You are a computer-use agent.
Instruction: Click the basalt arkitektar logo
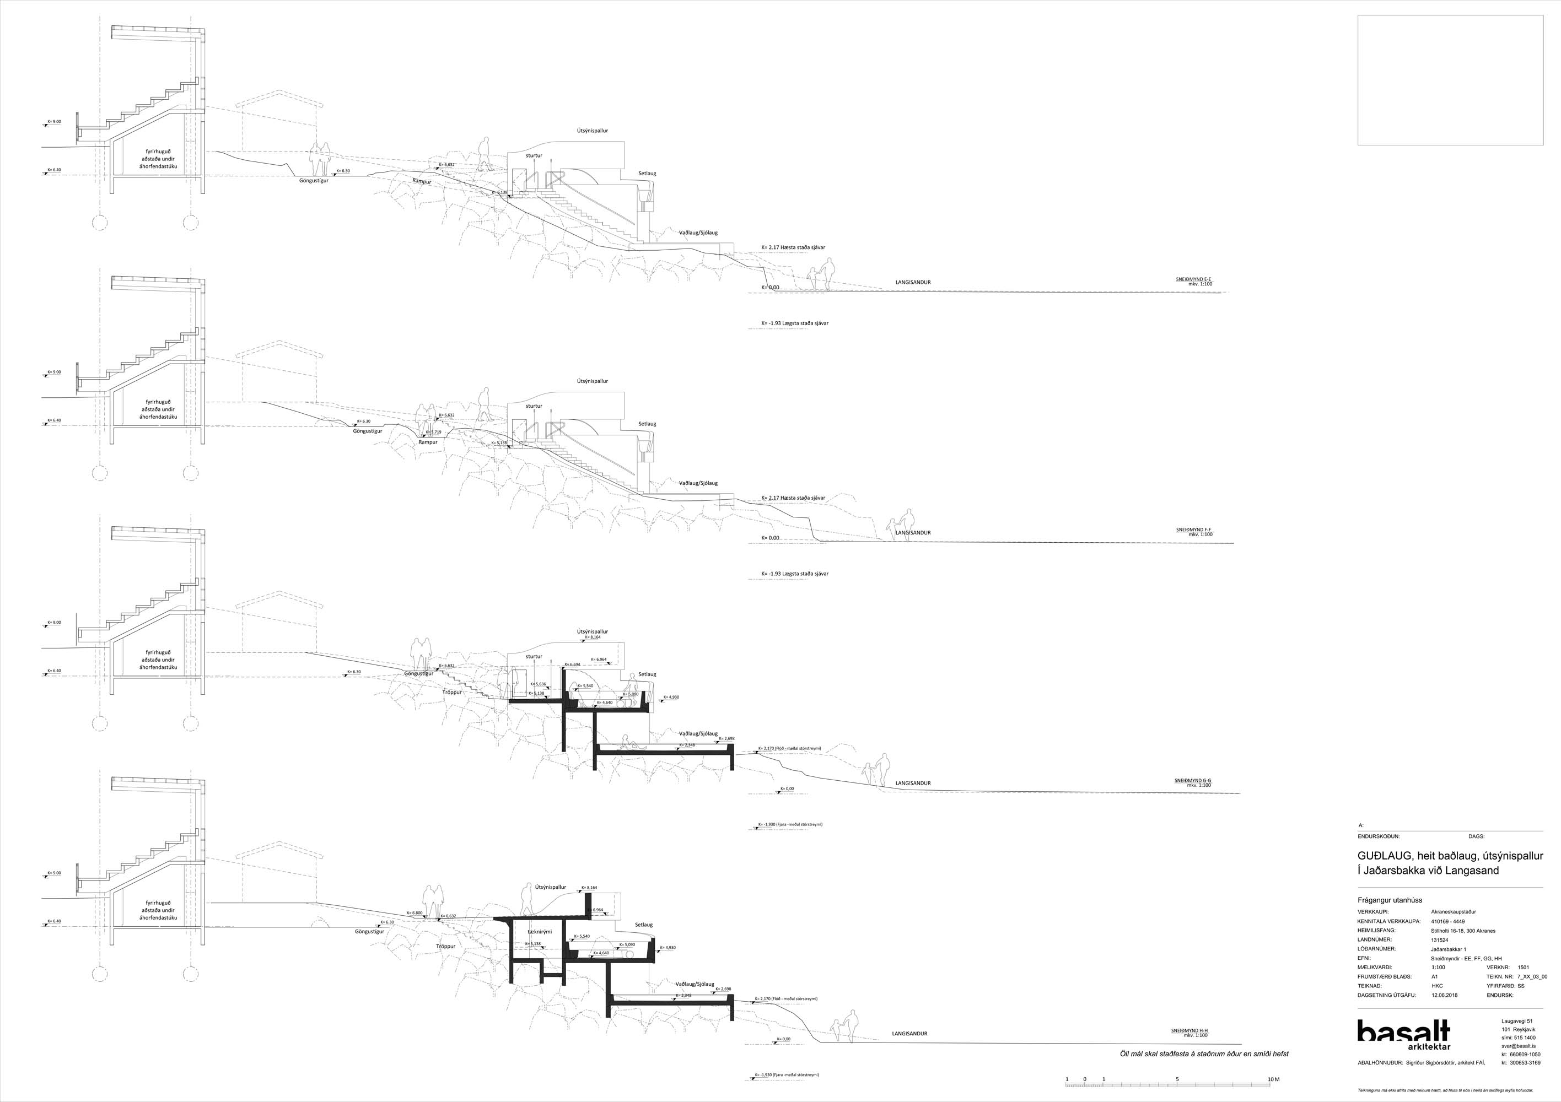1403,1039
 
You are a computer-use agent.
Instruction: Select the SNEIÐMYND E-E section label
1193,279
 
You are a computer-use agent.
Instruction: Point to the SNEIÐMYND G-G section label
1192,780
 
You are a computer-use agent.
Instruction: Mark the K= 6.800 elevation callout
415,913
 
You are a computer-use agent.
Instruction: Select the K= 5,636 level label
538,684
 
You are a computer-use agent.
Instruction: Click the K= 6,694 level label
571,664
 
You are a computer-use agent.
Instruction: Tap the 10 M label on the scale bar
1273,1079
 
